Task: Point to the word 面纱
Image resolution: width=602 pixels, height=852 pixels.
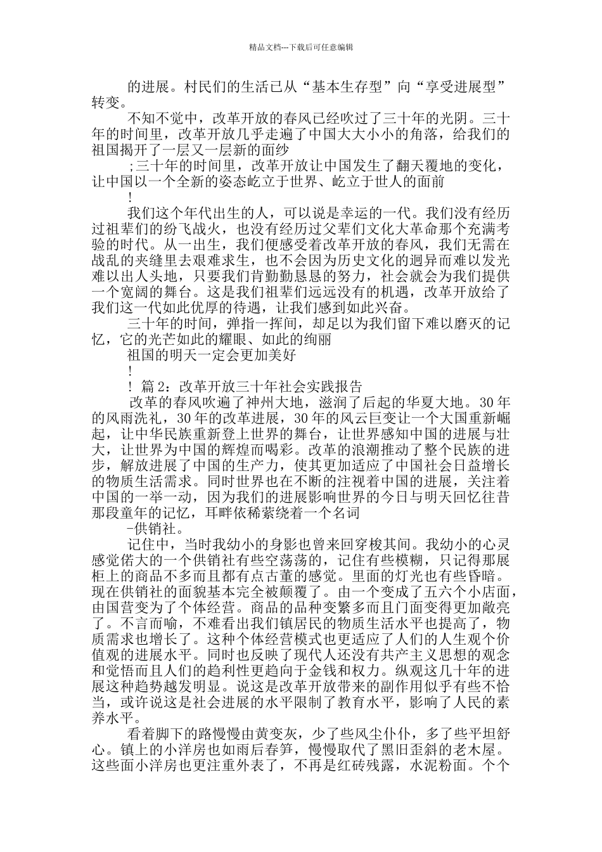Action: [276, 150]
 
